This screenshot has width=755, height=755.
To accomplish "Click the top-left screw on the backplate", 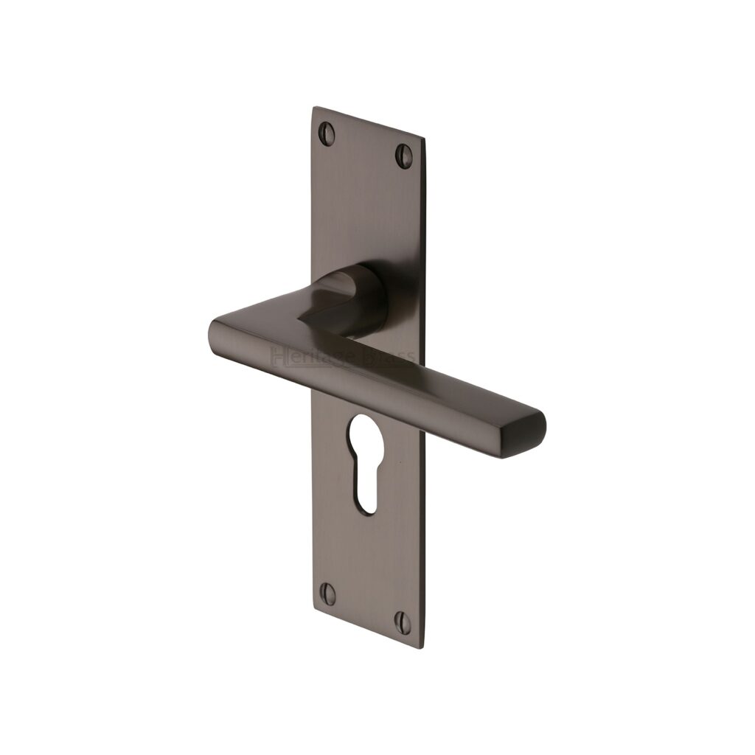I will tap(327, 133).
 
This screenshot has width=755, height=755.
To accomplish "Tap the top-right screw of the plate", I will tap(404, 156).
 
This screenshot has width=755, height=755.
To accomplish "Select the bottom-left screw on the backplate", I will tap(328, 594).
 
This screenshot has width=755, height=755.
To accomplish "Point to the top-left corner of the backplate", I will tap(313, 108).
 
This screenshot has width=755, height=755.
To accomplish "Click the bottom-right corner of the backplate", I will tap(423, 647).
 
